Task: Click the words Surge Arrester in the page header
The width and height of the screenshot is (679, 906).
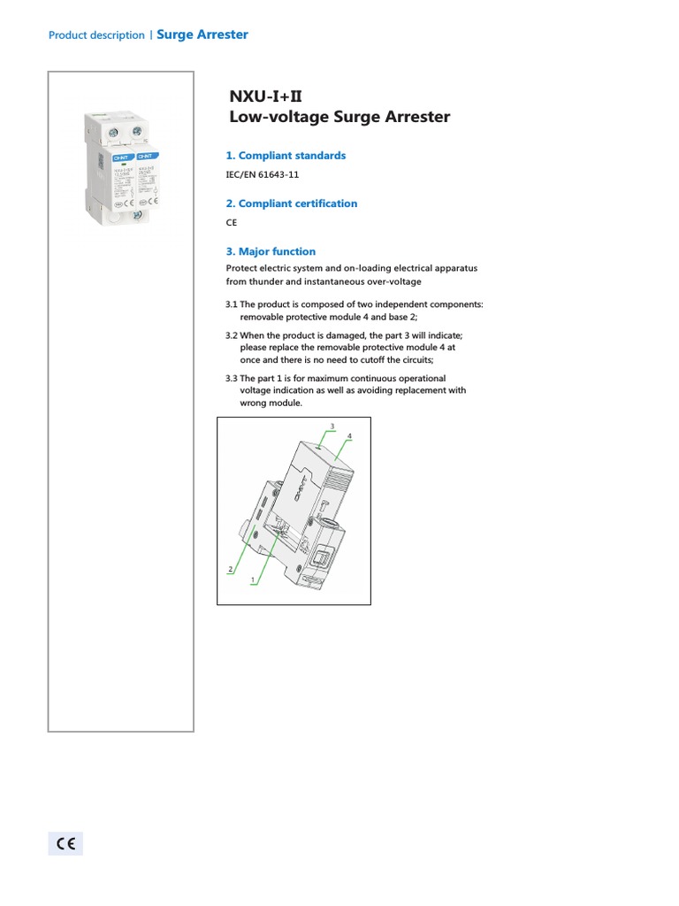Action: (202, 35)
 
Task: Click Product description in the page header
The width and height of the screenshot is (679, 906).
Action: (96, 35)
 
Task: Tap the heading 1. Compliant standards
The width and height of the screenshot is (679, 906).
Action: (286, 156)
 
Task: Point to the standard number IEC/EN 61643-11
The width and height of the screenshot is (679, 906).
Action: (263, 175)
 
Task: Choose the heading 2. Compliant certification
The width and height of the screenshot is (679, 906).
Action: (292, 203)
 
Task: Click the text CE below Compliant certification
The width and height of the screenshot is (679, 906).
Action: (232, 224)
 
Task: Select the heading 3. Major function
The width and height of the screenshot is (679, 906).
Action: (271, 251)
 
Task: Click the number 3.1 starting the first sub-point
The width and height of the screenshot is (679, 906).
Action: (232, 304)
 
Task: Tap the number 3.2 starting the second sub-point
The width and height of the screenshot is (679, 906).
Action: (232, 335)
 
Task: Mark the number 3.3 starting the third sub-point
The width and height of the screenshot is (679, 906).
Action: (232, 379)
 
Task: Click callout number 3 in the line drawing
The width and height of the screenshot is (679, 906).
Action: (332, 426)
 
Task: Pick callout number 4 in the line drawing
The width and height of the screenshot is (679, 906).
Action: (350, 436)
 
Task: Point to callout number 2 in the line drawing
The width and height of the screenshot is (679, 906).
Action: (230, 569)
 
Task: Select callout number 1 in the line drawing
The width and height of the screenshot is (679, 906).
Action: (253, 580)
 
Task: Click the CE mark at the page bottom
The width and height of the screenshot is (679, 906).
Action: (65, 843)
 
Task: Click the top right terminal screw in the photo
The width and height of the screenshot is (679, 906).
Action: (137, 132)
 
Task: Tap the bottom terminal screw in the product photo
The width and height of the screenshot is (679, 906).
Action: (137, 215)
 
